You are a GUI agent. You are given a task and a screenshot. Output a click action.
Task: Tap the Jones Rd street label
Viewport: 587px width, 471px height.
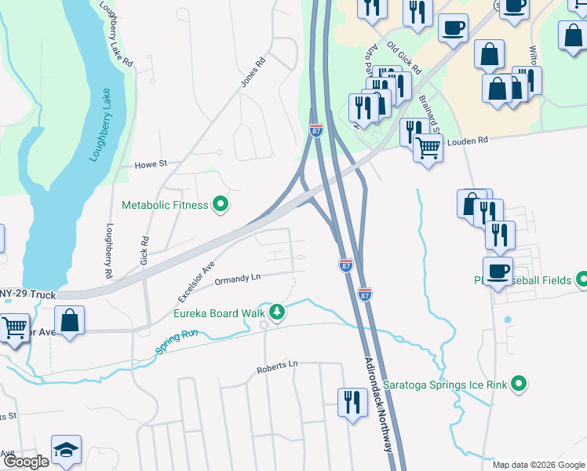pos(250,75)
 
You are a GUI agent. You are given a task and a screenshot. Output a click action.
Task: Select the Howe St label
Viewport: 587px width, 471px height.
pos(151,164)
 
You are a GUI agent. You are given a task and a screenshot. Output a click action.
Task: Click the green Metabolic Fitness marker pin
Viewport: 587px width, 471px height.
pos(221,205)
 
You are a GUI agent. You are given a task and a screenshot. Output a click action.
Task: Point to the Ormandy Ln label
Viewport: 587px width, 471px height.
pos(237,279)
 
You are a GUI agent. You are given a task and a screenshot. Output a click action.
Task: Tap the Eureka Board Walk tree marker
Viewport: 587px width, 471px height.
pos(276,312)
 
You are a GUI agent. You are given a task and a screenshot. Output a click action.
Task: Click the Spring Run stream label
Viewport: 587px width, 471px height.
pos(177,341)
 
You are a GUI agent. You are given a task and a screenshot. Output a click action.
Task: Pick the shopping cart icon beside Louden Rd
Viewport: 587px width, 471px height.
pos(428,147)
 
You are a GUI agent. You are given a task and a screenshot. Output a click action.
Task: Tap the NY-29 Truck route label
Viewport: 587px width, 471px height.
pos(27,295)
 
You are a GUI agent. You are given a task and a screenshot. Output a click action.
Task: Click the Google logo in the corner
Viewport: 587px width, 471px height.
pos(25,462)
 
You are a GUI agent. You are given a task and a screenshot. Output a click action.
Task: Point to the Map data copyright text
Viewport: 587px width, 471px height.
pos(538,465)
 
